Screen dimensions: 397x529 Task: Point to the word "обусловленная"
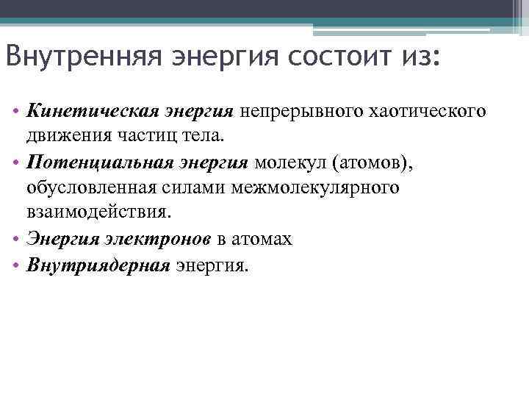[x=89, y=187]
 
